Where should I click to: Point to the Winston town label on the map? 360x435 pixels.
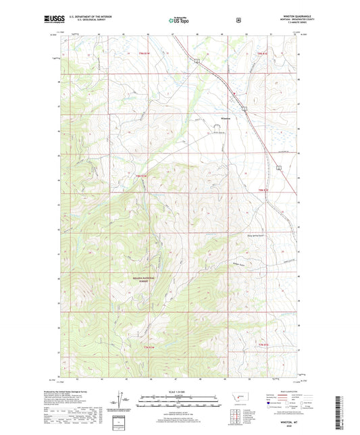point(226,119)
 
